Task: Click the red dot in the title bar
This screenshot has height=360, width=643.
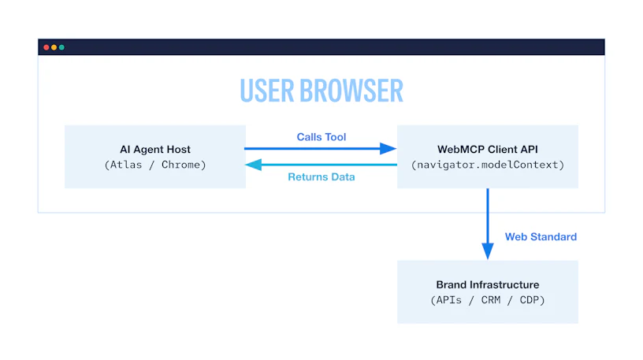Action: pyautogui.click(x=46, y=47)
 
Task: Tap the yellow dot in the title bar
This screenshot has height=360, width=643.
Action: pyautogui.click(x=54, y=47)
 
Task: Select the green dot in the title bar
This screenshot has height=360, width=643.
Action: pyautogui.click(x=61, y=47)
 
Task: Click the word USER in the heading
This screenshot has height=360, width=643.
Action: pyautogui.click(x=267, y=91)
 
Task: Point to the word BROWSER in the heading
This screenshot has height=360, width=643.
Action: pyautogui.click(x=351, y=91)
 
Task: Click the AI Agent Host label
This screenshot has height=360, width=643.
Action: pyautogui.click(x=155, y=149)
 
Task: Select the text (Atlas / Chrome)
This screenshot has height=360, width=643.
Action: pyautogui.click(x=155, y=165)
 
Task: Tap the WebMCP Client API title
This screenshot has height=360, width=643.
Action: pyautogui.click(x=488, y=149)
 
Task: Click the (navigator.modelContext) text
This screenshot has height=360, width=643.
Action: pyautogui.click(x=488, y=165)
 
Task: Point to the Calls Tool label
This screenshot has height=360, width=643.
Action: pyautogui.click(x=321, y=137)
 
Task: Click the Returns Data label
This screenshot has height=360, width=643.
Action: pyautogui.click(x=321, y=176)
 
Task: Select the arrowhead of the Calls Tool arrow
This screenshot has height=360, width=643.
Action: pyautogui.click(x=388, y=148)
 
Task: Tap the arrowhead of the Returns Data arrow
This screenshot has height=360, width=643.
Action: pyautogui.click(x=254, y=165)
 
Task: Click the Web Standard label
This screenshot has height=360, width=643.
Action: pyautogui.click(x=541, y=236)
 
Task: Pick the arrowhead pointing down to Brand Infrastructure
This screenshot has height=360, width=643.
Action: pyautogui.click(x=488, y=251)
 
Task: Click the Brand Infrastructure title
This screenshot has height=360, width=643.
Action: pyautogui.click(x=488, y=284)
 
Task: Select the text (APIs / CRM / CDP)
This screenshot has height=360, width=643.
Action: pyautogui.click(x=488, y=300)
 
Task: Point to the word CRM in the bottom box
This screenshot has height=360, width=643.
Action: pyautogui.click(x=491, y=300)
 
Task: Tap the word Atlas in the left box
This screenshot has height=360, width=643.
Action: pyautogui.click(x=126, y=165)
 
